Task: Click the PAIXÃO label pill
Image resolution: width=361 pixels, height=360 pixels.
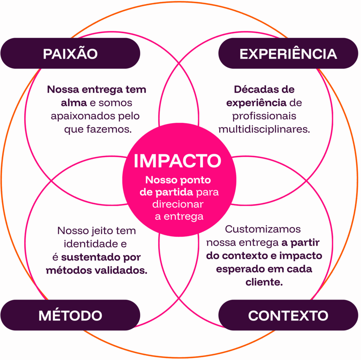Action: [70, 54]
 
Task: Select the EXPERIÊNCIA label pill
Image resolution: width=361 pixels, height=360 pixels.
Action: [288, 54]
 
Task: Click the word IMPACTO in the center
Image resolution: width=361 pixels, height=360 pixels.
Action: [177, 161]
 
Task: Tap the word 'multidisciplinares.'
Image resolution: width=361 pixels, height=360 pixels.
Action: [264, 129]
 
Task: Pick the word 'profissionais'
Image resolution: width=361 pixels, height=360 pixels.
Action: [264, 116]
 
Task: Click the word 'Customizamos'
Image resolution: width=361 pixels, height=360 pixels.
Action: [263, 229]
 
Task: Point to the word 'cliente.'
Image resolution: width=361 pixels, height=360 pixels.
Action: [264, 283]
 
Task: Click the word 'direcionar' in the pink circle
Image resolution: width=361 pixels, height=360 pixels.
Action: [178, 204]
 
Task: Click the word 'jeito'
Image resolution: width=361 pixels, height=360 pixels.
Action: [97, 231]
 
